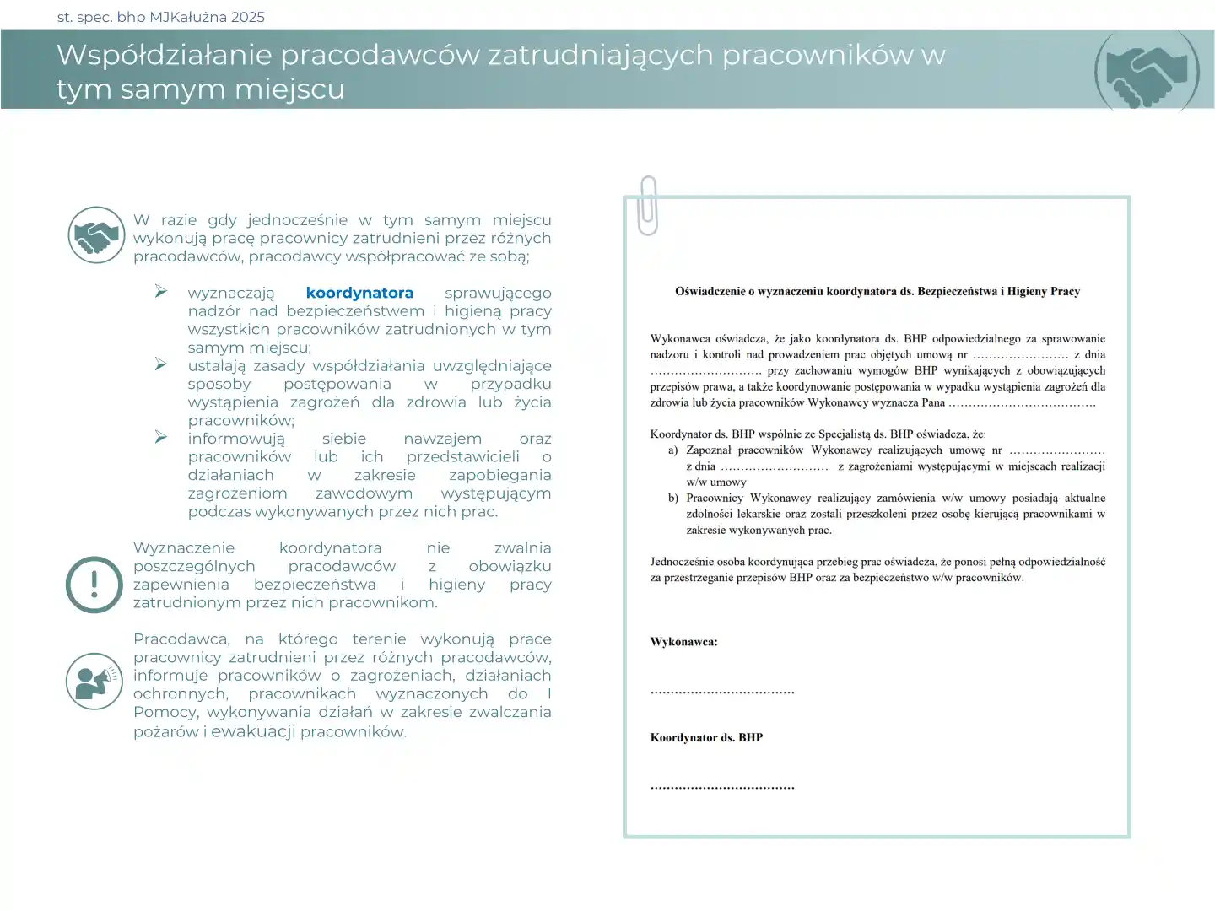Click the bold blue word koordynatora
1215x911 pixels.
coord(359,293)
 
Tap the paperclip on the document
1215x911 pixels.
coord(648,205)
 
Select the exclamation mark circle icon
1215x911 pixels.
coord(94,584)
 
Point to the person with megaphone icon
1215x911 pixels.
coord(94,681)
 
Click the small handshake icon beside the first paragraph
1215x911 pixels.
coord(96,234)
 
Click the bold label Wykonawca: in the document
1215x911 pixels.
coord(683,642)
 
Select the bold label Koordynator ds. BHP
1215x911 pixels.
coord(706,737)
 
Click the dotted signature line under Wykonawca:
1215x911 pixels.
coord(722,692)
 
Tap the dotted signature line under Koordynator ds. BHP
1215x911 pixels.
coord(722,787)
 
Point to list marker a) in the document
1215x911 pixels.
coord(673,450)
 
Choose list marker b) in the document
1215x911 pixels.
coord(673,499)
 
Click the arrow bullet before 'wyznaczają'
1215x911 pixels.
coord(161,291)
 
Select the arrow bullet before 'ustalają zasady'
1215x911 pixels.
coord(161,364)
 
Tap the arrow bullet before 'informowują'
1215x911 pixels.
coord(161,437)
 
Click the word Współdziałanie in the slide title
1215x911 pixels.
coord(164,55)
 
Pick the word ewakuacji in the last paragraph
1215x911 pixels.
coord(253,731)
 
